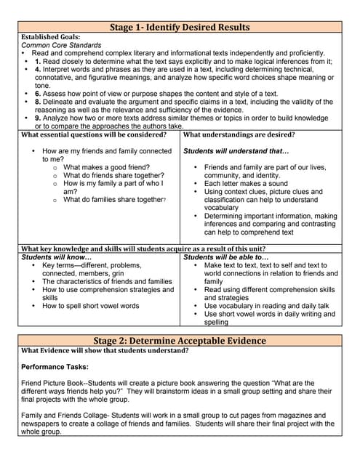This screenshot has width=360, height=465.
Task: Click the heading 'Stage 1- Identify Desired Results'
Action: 180,27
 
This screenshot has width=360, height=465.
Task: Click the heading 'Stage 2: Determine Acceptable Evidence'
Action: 180,341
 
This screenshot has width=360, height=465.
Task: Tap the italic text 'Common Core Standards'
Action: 60,45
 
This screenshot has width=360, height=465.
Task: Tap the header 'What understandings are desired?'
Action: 239,134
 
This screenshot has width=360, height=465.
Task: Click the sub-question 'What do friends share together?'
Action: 113,176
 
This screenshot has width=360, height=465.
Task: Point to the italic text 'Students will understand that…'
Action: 236,151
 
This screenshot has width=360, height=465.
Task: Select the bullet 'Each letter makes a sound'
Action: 246,184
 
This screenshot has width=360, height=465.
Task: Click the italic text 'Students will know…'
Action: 57,257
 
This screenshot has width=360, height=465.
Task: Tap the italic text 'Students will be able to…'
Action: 226,257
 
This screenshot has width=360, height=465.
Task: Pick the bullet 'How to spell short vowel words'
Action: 91,306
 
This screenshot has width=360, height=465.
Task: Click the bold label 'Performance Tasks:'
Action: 55,367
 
